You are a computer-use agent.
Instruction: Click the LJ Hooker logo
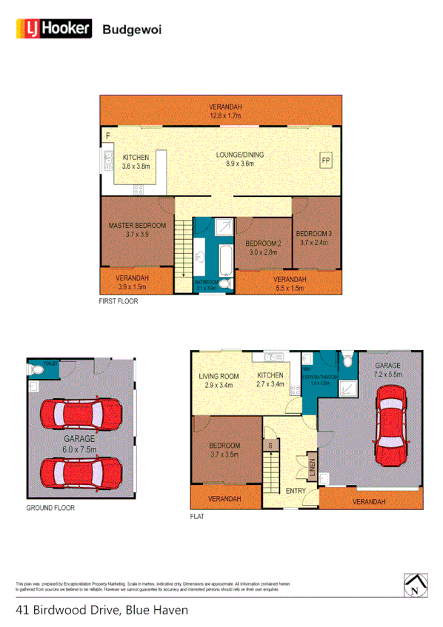click(x=53, y=29)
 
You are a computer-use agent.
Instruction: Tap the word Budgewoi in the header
click(x=132, y=30)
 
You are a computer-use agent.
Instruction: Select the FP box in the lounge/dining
click(x=325, y=158)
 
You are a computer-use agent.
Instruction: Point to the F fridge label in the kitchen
click(x=108, y=135)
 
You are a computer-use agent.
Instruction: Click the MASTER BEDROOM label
click(x=137, y=225)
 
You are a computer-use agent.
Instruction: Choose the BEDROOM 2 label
click(x=263, y=244)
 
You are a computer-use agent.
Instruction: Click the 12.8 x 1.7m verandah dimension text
click(x=225, y=115)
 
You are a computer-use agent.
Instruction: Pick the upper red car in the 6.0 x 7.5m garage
click(x=81, y=414)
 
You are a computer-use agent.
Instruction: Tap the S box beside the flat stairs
click(x=271, y=445)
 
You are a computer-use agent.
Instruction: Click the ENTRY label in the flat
click(x=295, y=491)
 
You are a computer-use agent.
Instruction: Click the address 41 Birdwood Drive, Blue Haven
click(x=101, y=610)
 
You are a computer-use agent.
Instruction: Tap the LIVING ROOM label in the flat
click(x=219, y=375)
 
